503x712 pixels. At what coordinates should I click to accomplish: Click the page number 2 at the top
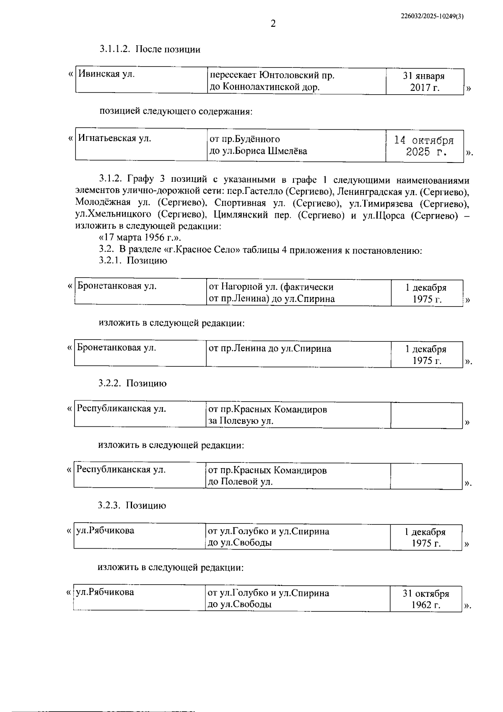click(273, 24)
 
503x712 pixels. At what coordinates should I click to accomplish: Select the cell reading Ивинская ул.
click(106, 75)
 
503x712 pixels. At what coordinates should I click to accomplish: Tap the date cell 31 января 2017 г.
click(423, 82)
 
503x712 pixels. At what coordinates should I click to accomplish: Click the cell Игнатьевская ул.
click(114, 138)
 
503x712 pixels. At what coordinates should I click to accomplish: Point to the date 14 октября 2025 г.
click(424, 146)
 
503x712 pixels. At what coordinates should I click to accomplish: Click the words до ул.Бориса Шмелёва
click(258, 151)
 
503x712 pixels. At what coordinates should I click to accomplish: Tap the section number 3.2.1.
click(110, 261)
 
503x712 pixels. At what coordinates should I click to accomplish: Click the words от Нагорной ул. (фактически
click(271, 287)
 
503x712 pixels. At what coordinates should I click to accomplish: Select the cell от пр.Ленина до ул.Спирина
click(270, 348)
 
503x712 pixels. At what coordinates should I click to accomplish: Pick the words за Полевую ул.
click(241, 421)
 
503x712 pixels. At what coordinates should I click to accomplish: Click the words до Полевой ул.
click(240, 482)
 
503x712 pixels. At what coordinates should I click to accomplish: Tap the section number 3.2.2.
click(110, 383)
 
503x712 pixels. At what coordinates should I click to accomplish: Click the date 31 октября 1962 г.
click(425, 599)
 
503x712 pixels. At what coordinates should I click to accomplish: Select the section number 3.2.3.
click(110, 506)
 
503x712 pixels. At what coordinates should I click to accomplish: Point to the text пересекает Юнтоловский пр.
click(272, 75)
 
